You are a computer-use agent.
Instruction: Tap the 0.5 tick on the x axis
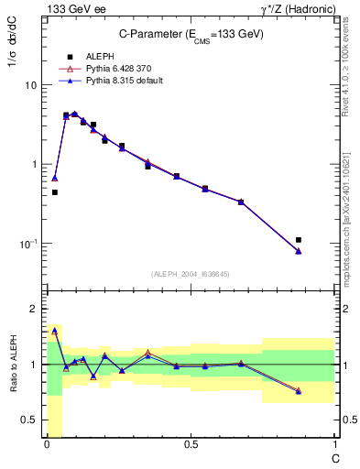(191, 445)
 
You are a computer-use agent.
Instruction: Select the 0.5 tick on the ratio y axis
(27, 420)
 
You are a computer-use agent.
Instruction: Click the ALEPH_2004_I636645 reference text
(190, 274)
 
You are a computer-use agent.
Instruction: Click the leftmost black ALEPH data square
(55, 192)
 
